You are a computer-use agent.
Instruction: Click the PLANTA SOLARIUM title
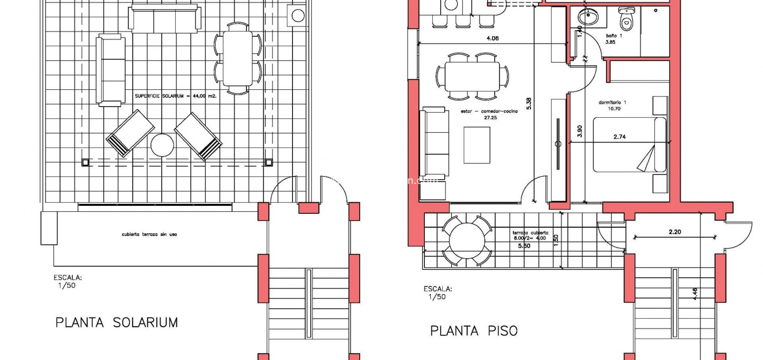(x=116, y=322)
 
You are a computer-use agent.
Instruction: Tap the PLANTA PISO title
(x=473, y=331)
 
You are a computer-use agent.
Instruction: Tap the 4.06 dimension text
(x=492, y=38)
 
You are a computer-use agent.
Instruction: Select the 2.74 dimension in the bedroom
(x=619, y=137)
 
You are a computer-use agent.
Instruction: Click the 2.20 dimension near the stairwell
(x=674, y=231)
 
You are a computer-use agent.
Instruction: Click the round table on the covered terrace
(x=466, y=240)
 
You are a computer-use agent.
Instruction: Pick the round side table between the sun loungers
(x=163, y=145)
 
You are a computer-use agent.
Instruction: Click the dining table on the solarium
(x=238, y=58)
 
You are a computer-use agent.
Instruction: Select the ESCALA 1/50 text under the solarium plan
(x=67, y=281)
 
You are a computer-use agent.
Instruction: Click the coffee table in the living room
(x=477, y=145)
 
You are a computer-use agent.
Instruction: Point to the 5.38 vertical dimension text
(x=528, y=103)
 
